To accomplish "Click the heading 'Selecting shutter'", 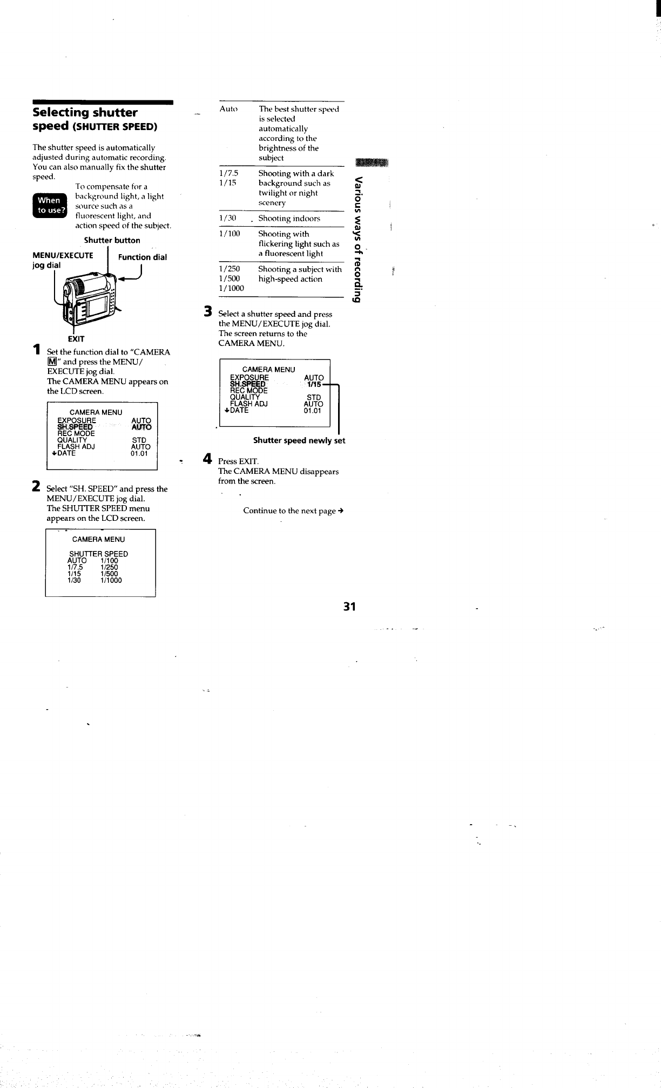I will point(85,112).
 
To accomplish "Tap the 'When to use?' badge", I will point(49,205).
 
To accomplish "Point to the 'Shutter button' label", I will point(112,240).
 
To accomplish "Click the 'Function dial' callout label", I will point(143,257).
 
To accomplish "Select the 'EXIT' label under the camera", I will point(76,339).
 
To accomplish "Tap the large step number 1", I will point(36,349).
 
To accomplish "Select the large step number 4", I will point(207,459).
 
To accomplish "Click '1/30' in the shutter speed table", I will point(228,219).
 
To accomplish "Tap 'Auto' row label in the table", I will point(229,109).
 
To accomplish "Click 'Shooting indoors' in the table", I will point(289,219).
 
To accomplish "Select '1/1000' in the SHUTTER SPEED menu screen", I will point(111,581).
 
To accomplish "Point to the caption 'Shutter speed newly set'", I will point(299,440).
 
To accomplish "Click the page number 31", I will point(349,607).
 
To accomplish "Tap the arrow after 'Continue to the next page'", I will point(341,511).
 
